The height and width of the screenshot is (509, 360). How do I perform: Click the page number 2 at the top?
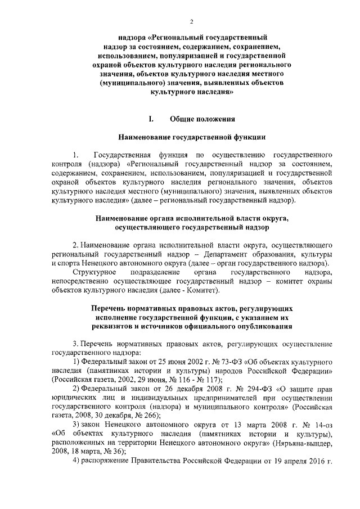[x=192, y=21]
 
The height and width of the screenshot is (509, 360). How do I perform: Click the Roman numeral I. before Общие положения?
[x=150, y=119]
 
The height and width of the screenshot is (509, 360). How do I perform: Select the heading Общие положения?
[x=200, y=119]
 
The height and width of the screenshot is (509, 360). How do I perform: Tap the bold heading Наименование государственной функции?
[x=191, y=137]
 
